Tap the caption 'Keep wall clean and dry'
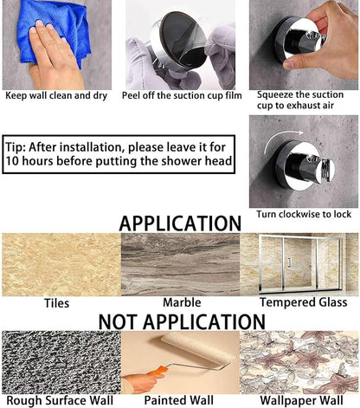56,95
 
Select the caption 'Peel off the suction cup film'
182,95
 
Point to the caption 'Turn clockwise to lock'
304,214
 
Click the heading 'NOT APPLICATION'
182,321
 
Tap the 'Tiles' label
56,303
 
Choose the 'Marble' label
182,302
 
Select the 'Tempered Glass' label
304,302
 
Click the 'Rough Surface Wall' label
60,401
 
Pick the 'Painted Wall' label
179,400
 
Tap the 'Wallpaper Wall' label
301,401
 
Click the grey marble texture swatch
180,264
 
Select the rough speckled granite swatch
61,362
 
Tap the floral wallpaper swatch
299,362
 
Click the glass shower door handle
289,262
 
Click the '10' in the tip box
12,161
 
